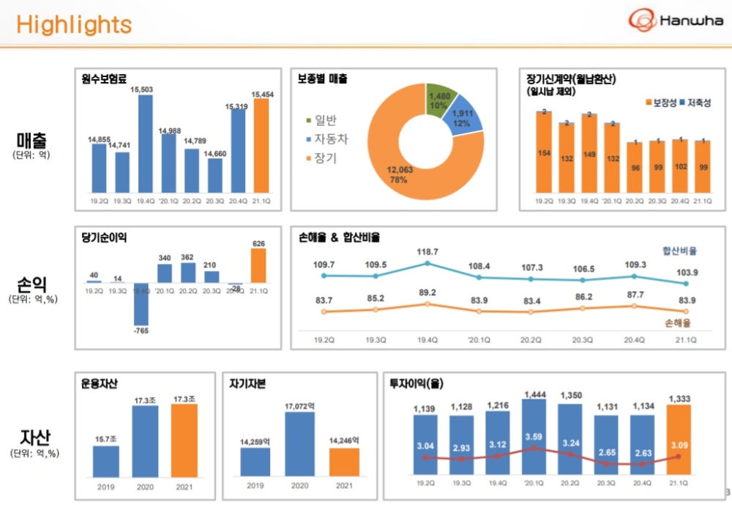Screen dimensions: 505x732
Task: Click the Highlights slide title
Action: point(74,26)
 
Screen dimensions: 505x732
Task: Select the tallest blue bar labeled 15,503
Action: point(146,143)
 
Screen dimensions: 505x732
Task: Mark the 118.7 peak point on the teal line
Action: point(427,263)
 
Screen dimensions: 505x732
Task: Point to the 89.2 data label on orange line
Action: point(427,293)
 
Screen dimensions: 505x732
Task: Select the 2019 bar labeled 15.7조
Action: point(106,461)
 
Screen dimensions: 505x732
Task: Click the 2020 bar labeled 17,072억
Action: point(299,444)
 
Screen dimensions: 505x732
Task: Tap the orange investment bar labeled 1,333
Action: point(679,441)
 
